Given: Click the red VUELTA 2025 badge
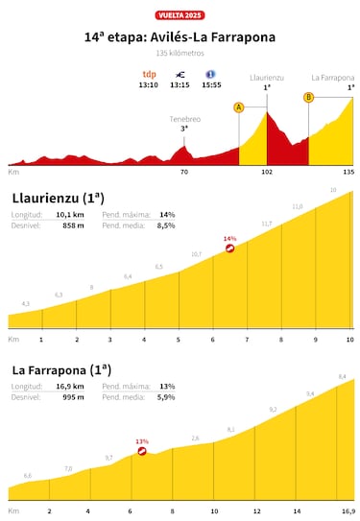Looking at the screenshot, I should click(x=180, y=15).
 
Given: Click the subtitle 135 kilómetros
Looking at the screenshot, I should click(x=180, y=53).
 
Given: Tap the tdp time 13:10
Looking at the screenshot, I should click(x=149, y=83).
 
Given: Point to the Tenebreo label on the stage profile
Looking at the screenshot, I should click(x=174, y=118).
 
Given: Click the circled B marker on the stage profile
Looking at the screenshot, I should click(x=308, y=97).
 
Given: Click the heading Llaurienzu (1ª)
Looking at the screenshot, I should click(x=59, y=199).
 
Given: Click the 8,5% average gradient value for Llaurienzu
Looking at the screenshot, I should click(x=166, y=225).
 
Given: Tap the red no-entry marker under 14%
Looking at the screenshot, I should click(x=229, y=249).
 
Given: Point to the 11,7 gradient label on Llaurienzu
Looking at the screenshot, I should click(x=266, y=224).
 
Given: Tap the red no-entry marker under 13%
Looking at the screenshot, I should click(x=141, y=451).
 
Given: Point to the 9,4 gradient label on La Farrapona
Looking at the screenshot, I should click(x=310, y=393).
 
